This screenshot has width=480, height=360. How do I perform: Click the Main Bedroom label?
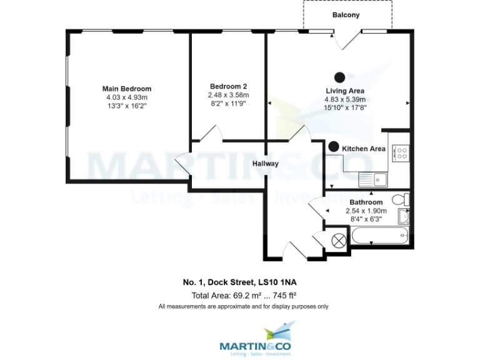(127, 89)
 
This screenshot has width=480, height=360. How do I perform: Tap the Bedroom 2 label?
(228, 86)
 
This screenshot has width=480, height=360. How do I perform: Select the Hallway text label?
(265, 164)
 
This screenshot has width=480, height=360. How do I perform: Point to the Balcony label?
(346, 15)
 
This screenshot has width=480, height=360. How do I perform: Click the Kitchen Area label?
(363, 149)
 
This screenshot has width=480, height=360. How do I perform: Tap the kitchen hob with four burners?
(399, 153)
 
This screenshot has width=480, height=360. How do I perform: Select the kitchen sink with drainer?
(373, 179)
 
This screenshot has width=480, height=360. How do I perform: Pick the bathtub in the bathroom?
(379, 237)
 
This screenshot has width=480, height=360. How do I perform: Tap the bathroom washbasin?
(404, 217)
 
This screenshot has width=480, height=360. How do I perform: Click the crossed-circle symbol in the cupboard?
(339, 239)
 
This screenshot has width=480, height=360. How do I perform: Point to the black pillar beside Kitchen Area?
(334, 147)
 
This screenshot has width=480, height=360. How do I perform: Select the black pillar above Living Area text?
(340, 77)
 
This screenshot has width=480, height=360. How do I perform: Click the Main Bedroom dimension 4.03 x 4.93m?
(127, 97)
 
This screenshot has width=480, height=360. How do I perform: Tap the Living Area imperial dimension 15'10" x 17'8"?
(344, 107)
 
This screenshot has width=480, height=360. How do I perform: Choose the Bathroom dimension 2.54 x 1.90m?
(366, 211)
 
